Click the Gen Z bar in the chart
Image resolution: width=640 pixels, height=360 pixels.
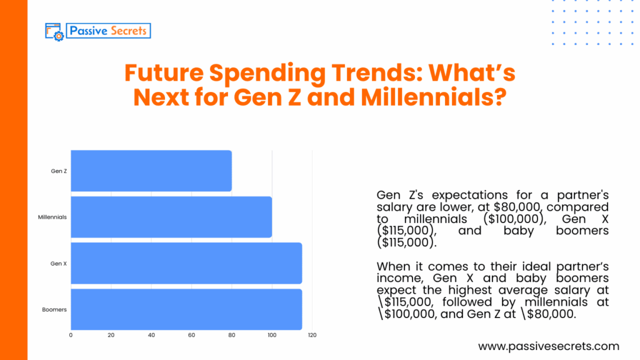tap(151, 171)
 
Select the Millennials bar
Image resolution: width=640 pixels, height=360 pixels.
tap(171, 217)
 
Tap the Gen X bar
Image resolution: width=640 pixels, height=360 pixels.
tap(186, 263)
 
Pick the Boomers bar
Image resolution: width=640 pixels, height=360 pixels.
tap(186, 309)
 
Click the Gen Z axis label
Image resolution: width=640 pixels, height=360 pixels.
tap(59, 171)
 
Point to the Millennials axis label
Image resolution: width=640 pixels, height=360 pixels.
tap(52, 217)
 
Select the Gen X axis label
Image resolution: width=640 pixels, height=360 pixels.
tap(59, 263)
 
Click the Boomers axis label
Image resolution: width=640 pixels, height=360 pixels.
tap(55, 309)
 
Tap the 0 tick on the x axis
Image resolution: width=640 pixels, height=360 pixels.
tap(71, 336)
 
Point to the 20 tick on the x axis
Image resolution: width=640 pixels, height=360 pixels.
tap(111, 336)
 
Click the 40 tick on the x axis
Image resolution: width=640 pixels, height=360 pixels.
tap(151, 336)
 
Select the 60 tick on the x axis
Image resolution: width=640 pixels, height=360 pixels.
tap(191, 336)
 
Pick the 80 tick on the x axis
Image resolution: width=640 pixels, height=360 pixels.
tap(232, 336)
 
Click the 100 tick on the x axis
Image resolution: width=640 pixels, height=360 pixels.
tap(272, 336)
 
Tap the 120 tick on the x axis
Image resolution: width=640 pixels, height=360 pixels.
tap(312, 336)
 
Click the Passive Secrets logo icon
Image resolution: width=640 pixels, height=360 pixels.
tap(54, 31)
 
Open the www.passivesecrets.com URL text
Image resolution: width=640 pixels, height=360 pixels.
tap(548, 346)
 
